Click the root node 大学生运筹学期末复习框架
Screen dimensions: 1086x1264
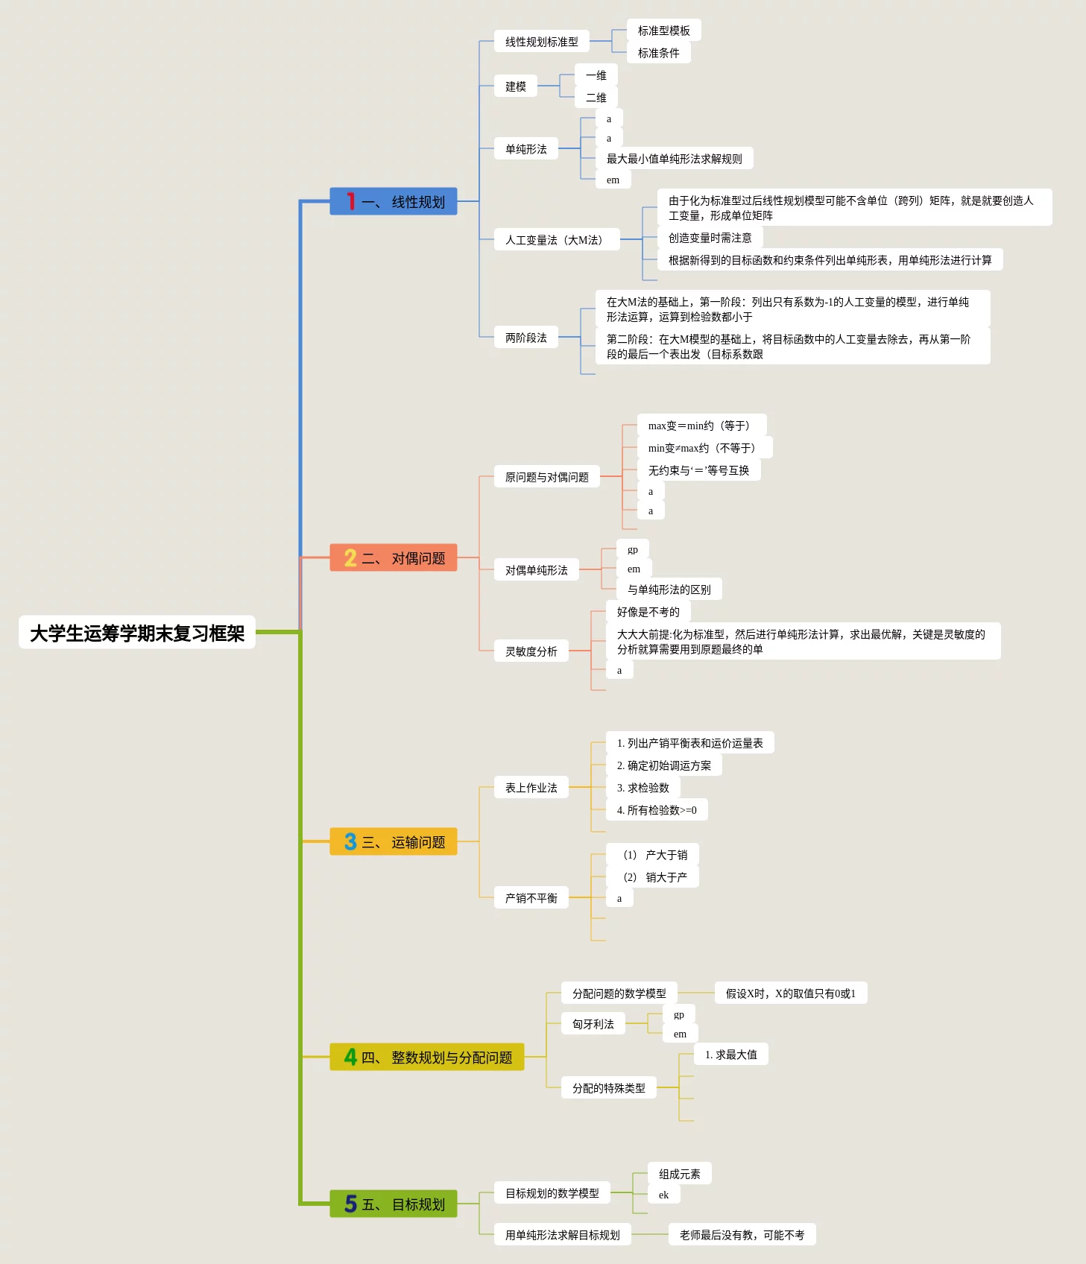pyautogui.click(x=137, y=633)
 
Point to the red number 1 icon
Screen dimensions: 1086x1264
pyautogui.click(x=350, y=201)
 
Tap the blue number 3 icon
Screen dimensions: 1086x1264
pyautogui.click(x=350, y=841)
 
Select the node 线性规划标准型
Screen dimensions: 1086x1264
pyautogui.click(x=541, y=42)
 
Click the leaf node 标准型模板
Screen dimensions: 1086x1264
pyautogui.click(x=663, y=31)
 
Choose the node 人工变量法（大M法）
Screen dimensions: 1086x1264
pyautogui.click(x=556, y=239)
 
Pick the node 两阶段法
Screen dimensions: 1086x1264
pyautogui.click(x=525, y=338)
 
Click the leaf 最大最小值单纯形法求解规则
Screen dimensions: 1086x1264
pyautogui.click(x=674, y=159)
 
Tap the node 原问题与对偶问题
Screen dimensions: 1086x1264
pyautogui.click(x=546, y=477)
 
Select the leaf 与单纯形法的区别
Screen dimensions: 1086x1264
pyautogui.click(x=669, y=590)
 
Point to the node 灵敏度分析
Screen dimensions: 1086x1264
pyautogui.click(x=531, y=651)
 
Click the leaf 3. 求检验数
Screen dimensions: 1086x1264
pyautogui.click(x=643, y=788)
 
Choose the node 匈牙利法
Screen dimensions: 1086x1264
pyautogui.click(x=593, y=1024)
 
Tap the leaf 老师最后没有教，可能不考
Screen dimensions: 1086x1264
pyautogui.click(x=742, y=1235)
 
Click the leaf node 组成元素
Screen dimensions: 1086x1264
pyautogui.click(x=679, y=1174)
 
